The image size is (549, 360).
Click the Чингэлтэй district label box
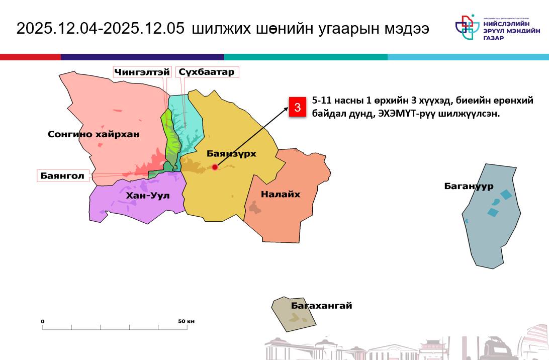click(142, 72)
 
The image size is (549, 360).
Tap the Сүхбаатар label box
click(207, 72)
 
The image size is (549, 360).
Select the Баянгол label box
click(63, 175)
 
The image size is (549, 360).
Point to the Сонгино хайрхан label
click(94, 134)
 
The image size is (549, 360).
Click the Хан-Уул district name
click(148, 195)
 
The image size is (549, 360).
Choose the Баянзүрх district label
click(231, 153)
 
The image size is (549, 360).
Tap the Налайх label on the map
click(281, 194)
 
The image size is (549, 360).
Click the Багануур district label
click(469, 186)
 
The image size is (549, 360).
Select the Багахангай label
click(321, 305)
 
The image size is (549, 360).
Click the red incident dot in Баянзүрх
click(215, 167)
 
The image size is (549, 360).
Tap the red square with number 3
click(297, 107)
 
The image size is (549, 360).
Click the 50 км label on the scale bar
click(186, 321)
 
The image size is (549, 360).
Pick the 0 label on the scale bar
click(43, 321)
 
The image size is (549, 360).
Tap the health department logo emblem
click(467, 27)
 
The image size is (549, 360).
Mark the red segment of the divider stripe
click(31, 57)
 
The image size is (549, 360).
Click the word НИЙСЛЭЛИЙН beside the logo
click(506, 24)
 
